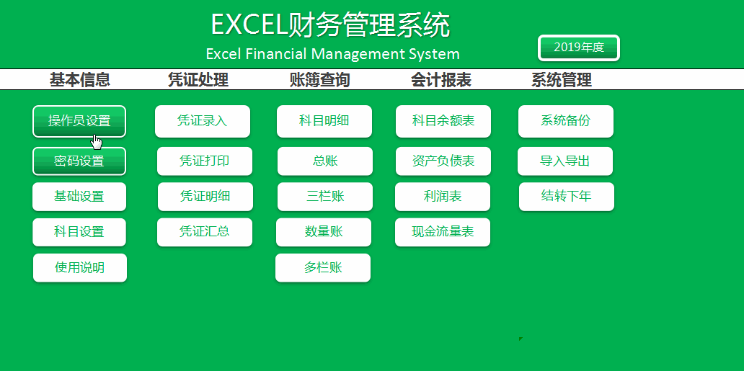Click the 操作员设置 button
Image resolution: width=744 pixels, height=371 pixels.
79,122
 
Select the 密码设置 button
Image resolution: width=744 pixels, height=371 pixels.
79,161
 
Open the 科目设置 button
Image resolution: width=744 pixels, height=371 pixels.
79,232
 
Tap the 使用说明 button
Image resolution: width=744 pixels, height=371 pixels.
80,267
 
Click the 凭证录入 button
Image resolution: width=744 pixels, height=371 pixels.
203,122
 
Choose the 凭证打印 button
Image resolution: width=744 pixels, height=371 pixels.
205,161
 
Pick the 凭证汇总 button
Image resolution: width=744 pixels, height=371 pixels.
205,232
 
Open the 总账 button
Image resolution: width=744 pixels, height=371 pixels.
325,161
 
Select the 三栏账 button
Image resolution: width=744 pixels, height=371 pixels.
325,197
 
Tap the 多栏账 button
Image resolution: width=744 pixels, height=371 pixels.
323,267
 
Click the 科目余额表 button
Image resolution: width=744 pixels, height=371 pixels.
443,122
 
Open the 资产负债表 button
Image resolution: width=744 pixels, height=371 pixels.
443,161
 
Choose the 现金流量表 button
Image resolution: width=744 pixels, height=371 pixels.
443,232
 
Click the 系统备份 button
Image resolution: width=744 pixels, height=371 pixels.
566,122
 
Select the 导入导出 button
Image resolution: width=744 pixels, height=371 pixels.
565,161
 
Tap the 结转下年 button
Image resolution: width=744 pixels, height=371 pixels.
567,197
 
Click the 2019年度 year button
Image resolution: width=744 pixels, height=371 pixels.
579,48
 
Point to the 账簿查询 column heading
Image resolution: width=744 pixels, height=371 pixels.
320,80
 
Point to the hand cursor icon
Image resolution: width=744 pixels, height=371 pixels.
97,142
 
